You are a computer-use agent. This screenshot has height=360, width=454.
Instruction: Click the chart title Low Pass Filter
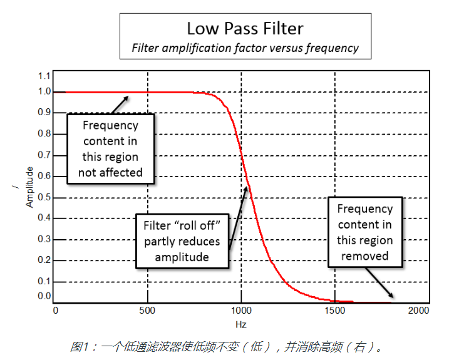coord(245,29)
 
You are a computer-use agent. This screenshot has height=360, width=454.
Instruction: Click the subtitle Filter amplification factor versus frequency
coord(245,48)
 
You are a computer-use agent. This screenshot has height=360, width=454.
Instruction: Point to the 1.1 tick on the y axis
coord(44,75)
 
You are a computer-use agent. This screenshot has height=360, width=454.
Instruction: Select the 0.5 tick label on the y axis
coord(44,198)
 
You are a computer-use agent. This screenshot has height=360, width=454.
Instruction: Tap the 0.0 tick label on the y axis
coord(44,296)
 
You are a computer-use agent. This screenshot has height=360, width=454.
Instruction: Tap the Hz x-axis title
coord(241,324)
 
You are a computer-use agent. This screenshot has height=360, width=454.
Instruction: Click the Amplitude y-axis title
coord(29,187)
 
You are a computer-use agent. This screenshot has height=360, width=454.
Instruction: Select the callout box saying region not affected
coord(110,149)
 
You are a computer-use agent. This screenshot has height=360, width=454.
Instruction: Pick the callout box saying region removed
coord(364,232)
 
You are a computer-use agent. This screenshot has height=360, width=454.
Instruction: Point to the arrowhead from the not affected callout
coord(128,96)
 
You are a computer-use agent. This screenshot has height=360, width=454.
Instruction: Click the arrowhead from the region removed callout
coord(391,296)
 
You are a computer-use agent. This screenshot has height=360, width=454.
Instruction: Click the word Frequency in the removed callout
coord(365,209)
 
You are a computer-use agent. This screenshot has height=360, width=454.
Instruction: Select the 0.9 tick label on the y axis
coord(44,112)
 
